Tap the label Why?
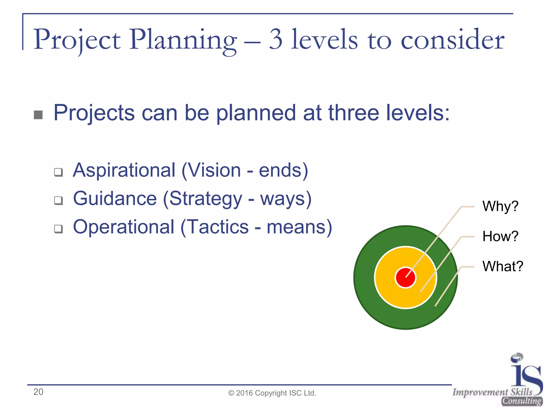tap(500, 206)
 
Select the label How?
tap(500, 236)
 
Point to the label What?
tap(503, 266)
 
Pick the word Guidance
tap(115, 199)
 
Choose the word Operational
tap(124, 227)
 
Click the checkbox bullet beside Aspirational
tap(59, 172)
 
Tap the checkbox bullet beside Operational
tap(59, 229)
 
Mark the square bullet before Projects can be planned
tap(38, 115)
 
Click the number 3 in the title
tap(276, 39)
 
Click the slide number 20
tap(38, 392)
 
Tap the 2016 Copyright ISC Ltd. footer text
tap(272, 393)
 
